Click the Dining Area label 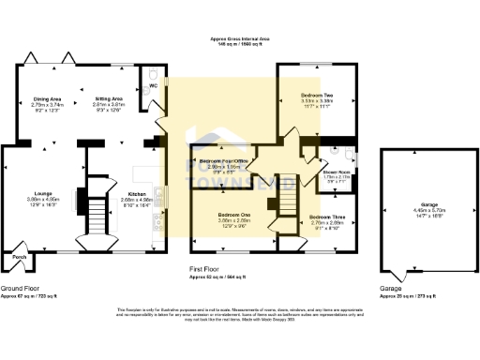pyautogui.click(x=47, y=97)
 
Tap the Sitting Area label pyautogui.click(x=109, y=97)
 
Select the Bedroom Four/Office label pyautogui.click(x=222, y=161)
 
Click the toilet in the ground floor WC pyautogui.click(x=155, y=72)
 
